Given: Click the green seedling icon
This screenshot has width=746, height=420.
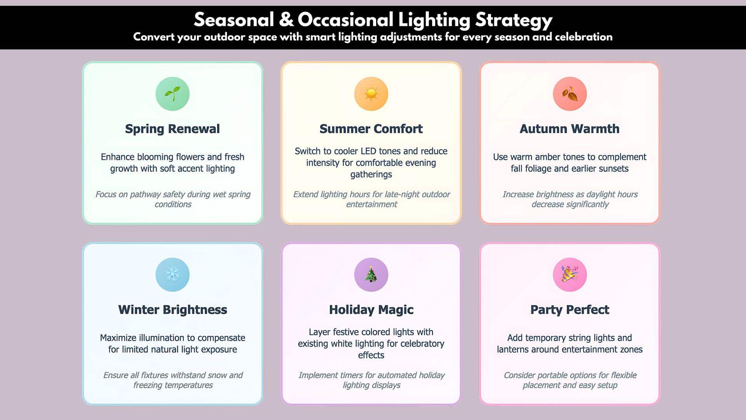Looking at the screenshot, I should tap(172, 94).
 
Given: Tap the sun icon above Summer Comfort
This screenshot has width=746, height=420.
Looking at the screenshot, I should tap(371, 94).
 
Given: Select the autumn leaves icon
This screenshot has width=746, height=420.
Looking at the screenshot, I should tap(570, 94).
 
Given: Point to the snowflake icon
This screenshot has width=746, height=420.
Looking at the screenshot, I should tap(172, 275).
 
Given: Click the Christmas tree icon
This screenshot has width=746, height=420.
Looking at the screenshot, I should tap(371, 275).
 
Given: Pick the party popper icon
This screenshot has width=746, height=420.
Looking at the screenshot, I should tap(570, 275).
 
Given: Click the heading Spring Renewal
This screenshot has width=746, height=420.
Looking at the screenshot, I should tap(172, 129).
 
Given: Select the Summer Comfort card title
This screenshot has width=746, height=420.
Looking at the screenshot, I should tap(371, 129).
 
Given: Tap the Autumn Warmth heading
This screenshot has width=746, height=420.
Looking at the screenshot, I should tap(570, 129).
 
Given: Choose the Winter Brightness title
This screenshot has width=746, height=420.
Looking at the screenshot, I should tap(173, 310).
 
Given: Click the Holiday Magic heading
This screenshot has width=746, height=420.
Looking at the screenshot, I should tap(371, 310).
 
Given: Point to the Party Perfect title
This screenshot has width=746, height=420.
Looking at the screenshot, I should tap(570, 310).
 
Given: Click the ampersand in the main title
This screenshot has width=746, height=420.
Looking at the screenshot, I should tap(286, 20).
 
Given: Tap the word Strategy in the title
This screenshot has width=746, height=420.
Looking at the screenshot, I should tap(514, 20).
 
